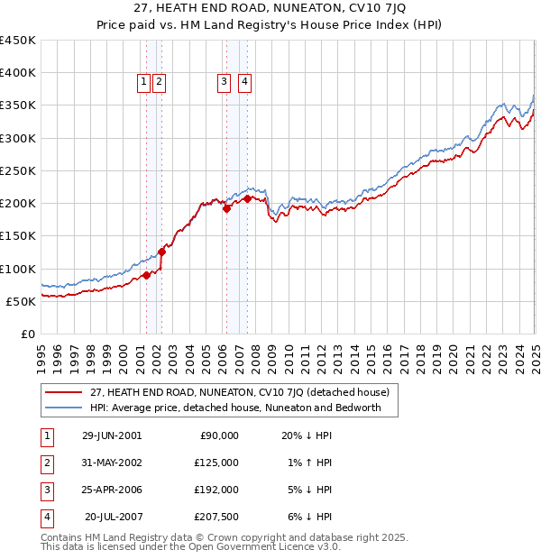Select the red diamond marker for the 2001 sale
pyautogui.click(x=146, y=276)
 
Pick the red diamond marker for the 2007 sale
pyautogui.click(x=247, y=198)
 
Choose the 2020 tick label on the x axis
pyautogui.click(x=453, y=352)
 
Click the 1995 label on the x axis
pyautogui.click(x=41, y=352)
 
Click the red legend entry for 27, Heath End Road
pyautogui.click(x=239, y=392)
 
